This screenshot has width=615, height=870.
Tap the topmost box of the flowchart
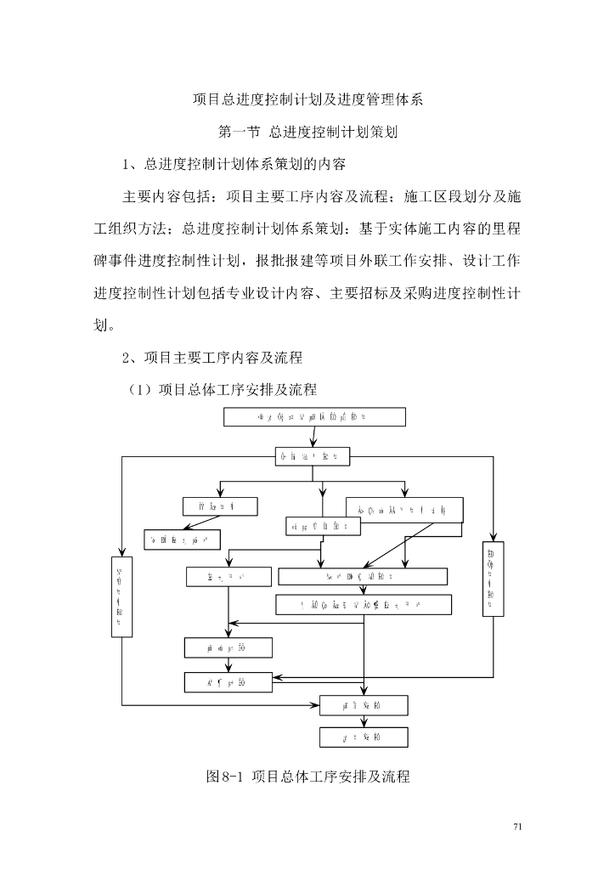[314, 416]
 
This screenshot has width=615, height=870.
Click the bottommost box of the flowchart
[364, 737]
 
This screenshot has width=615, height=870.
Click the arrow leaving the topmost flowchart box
[314, 436]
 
